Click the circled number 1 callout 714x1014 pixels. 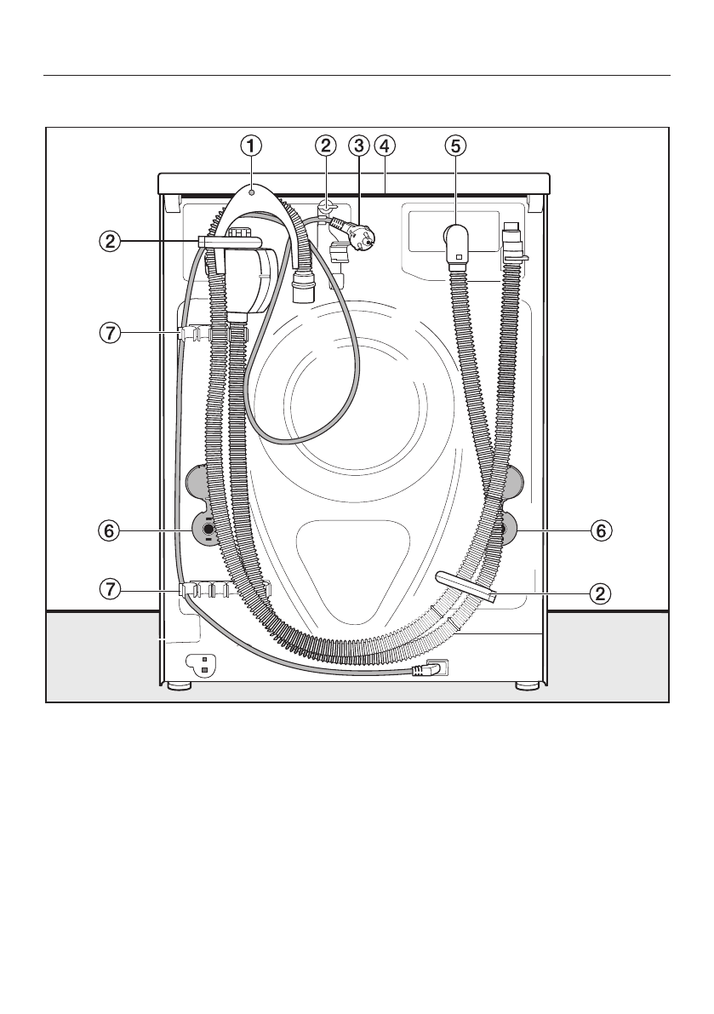tap(251, 146)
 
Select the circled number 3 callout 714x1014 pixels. tap(358, 146)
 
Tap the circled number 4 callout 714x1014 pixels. tap(384, 146)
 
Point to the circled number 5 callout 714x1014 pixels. tap(455, 146)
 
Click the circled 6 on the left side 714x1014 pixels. tap(110, 531)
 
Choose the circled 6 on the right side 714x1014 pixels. tap(601, 531)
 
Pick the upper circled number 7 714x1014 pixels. tap(110, 333)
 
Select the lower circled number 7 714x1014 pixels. tap(110, 589)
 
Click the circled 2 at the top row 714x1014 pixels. tap(326, 146)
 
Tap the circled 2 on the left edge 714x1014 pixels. tap(110, 242)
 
